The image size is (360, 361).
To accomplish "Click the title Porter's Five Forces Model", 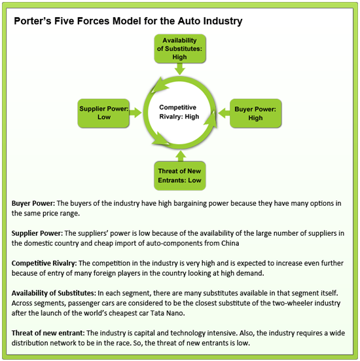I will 128,22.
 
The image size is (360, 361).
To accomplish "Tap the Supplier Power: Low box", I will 103,113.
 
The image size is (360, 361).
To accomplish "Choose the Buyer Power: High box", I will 255,113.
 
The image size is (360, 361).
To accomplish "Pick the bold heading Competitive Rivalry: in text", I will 46,262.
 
